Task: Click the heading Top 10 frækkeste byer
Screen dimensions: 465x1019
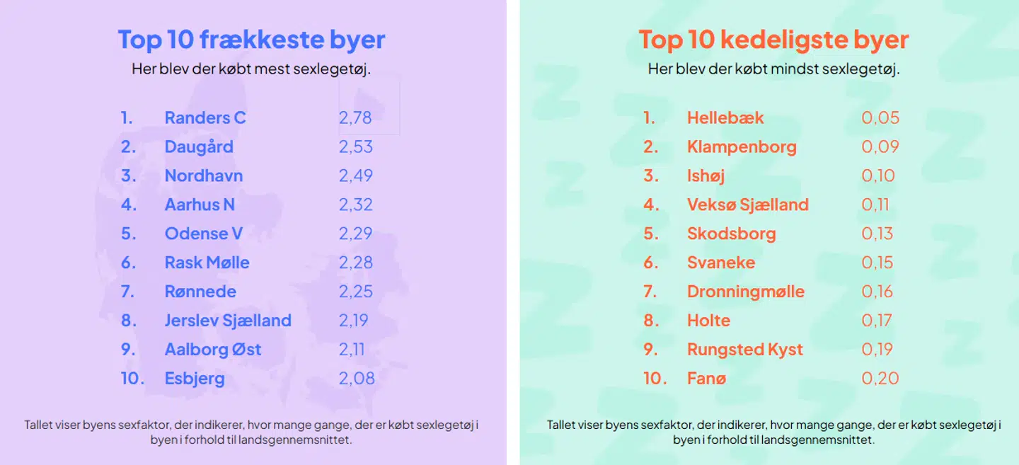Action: (251, 40)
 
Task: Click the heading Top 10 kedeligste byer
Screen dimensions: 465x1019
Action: (773, 40)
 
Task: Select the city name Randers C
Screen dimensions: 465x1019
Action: (205, 117)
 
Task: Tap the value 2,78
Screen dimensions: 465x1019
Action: (355, 117)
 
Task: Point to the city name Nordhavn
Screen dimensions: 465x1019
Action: (204, 176)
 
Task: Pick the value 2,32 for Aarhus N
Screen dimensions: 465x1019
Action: (355, 205)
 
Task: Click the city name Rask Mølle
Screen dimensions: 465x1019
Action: (207, 263)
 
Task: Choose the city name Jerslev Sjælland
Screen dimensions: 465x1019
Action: (228, 321)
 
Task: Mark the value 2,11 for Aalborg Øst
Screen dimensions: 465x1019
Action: (352, 350)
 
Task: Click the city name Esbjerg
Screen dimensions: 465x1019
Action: (195, 379)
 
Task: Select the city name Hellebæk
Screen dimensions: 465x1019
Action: (725, 117)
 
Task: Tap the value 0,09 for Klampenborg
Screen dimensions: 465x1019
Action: (880, 147)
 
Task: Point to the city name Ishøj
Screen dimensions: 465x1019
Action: (706, 176)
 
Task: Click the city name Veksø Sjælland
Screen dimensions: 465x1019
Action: (747, 205)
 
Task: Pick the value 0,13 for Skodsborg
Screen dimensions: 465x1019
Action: (877, 234)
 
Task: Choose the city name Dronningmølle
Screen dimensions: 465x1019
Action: (745, 292)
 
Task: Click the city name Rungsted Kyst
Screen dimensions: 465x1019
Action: (744, 350)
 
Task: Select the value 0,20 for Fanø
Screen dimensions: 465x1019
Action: (880, 379)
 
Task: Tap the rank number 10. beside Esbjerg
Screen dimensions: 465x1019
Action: (132, 379)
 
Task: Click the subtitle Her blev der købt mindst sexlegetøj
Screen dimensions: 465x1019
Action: (773, 69)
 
